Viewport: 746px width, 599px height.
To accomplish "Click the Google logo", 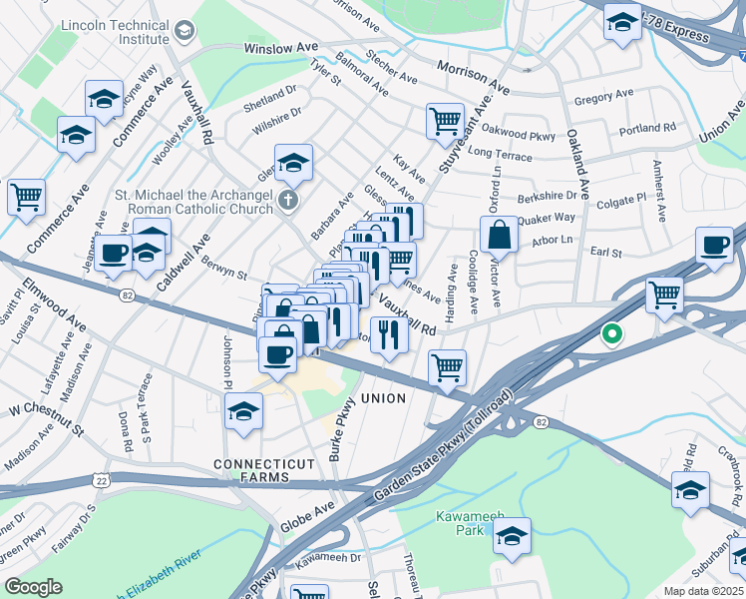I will (x=34, y=587).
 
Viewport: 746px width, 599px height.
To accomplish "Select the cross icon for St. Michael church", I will (x=288, y=201).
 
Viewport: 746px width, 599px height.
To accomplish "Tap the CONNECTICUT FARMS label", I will (x=263, y=465).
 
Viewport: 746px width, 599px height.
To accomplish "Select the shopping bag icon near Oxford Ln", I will (x=499, y=237).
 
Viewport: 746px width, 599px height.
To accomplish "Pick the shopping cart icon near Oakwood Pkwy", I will (x=445, y=122).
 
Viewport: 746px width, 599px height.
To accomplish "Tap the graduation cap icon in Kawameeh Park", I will (x=512, y=536).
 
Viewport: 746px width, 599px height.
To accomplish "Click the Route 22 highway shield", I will (x=103, y=481).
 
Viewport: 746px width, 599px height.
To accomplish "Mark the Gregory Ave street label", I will (x=604, y=95).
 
